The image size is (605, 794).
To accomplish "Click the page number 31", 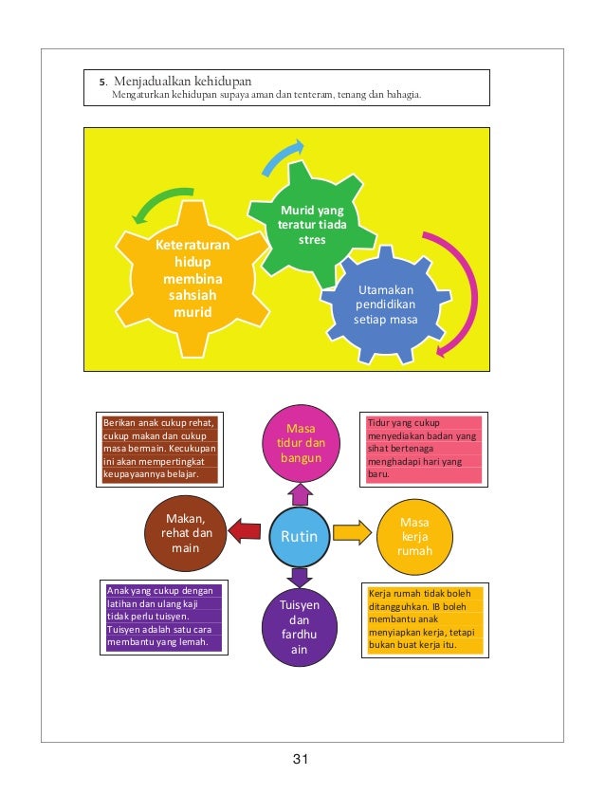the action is (x=302, y=758).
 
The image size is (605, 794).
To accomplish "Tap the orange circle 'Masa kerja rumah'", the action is (x=414, y=536).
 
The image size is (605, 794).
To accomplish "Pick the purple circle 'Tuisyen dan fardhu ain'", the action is (x=300, y=627).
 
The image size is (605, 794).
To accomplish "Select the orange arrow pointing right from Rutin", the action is (x=352, y=531).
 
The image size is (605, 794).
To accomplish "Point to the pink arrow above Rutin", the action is (x=301, y=492).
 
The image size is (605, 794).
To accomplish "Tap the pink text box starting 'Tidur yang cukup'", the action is (x=423, y=447).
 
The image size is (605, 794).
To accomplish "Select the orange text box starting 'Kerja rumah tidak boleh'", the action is (x=425, y=619).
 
